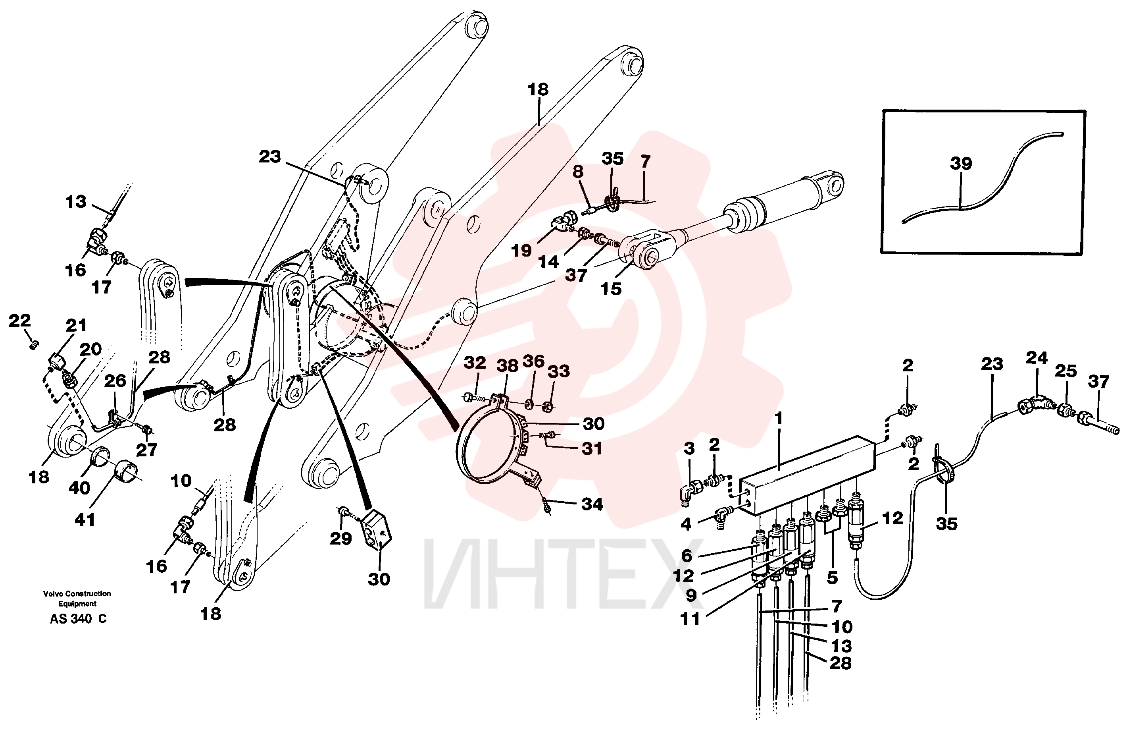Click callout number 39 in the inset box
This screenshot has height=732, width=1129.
(x=961, y=163)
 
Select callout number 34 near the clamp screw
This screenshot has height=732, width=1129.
(x=592, y=504)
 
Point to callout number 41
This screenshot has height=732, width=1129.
(x=85, y=520)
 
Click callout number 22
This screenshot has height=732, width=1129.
(x=19, y=321)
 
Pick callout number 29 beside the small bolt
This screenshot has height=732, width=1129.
(x=340, y=538)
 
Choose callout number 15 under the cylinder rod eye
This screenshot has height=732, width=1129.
(x=611, y=289)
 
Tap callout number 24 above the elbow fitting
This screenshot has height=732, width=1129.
(x=1037, y=357)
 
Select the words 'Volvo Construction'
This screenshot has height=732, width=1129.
(x=77, y=593)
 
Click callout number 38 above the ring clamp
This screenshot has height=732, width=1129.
(x=507, y=365)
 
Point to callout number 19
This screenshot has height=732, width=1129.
(x=521, y=250)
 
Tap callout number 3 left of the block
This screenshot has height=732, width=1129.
(x=689, y=448)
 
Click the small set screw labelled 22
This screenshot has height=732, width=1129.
(x=34, y=345)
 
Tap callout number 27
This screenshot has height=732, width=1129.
(x=146, y=450)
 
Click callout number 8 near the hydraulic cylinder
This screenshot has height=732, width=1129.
(x=578, y=171)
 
